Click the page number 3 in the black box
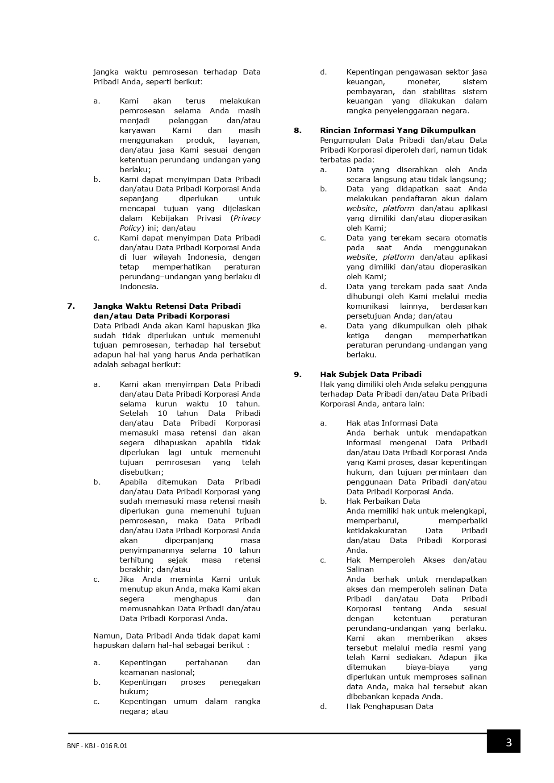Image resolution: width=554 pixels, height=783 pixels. [508, 743]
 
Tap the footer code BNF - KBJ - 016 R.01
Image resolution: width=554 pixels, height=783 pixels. [97, 746]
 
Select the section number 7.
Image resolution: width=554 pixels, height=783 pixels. [71, 306]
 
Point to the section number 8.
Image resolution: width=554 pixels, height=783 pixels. [298, 130]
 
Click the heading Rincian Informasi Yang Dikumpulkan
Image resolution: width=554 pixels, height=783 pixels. [398, 130]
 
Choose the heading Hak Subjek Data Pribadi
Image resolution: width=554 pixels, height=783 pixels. [371, 374]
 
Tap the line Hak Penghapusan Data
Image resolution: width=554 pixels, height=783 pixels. [390, 706]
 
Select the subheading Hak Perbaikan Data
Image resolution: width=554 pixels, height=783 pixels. [383, 501]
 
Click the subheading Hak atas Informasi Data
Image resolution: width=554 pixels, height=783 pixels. [392, 423]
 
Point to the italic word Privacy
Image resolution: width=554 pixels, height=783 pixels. [247, 218]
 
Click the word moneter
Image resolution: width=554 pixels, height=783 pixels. [424, 82]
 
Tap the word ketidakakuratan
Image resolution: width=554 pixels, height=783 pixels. [376, 530]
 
